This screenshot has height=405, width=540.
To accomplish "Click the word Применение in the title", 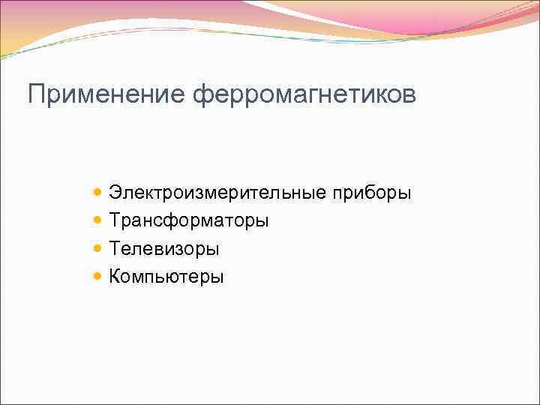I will tap(107, 94).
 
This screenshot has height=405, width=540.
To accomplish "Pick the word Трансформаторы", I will tap(189, 221).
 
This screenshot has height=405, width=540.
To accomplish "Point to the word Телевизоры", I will tap(164, 248).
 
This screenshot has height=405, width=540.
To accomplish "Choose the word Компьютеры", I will tap(166, 277).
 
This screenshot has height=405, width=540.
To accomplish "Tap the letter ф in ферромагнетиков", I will tap(202, 96).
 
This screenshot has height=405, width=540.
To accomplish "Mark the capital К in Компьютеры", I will tap(115, 276).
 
